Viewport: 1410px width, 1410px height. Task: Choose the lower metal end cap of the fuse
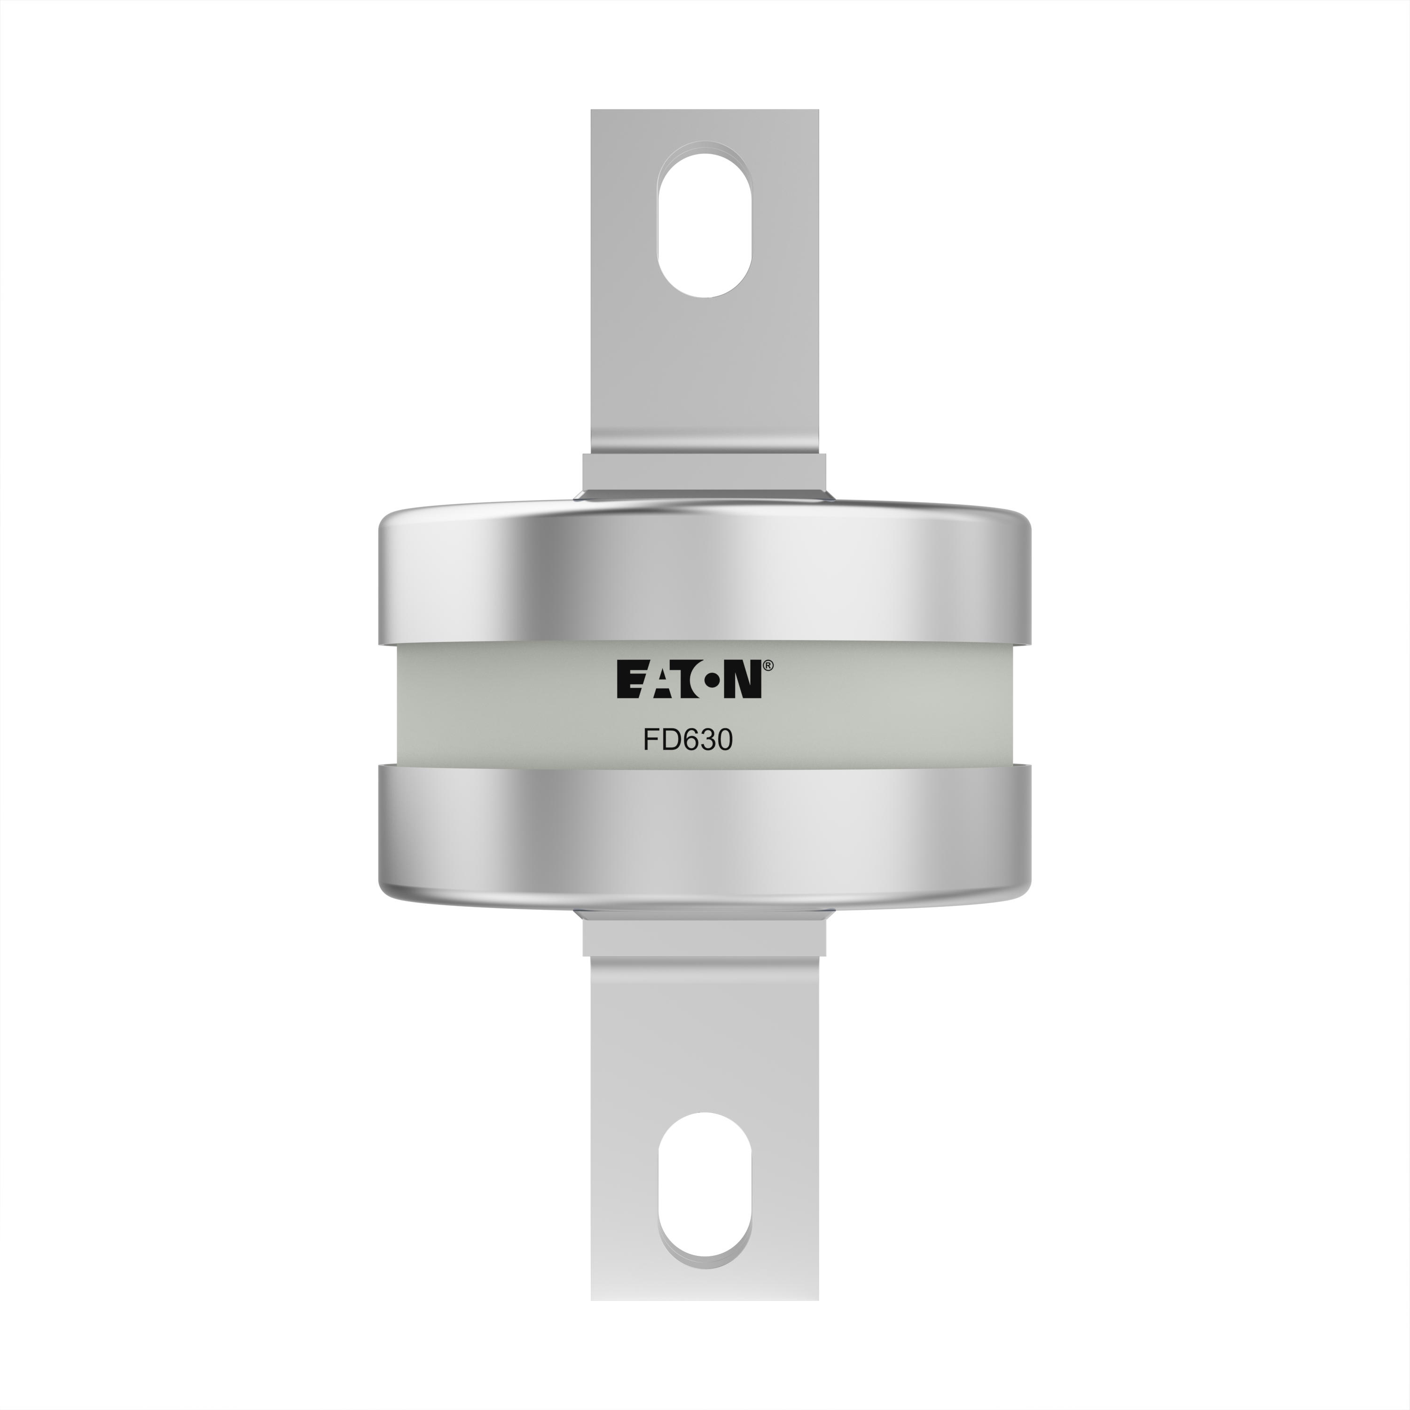pos(704,837)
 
